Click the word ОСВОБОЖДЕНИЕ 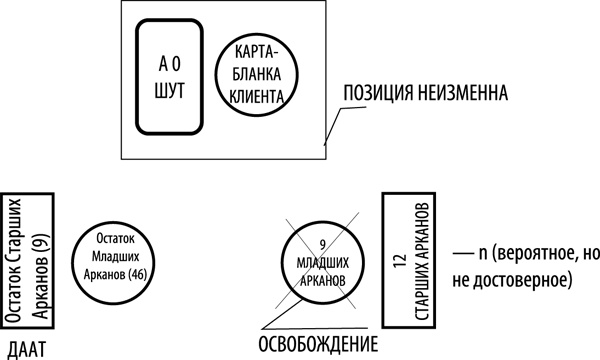tap(319, 346)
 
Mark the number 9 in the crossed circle tap(322, 245)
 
